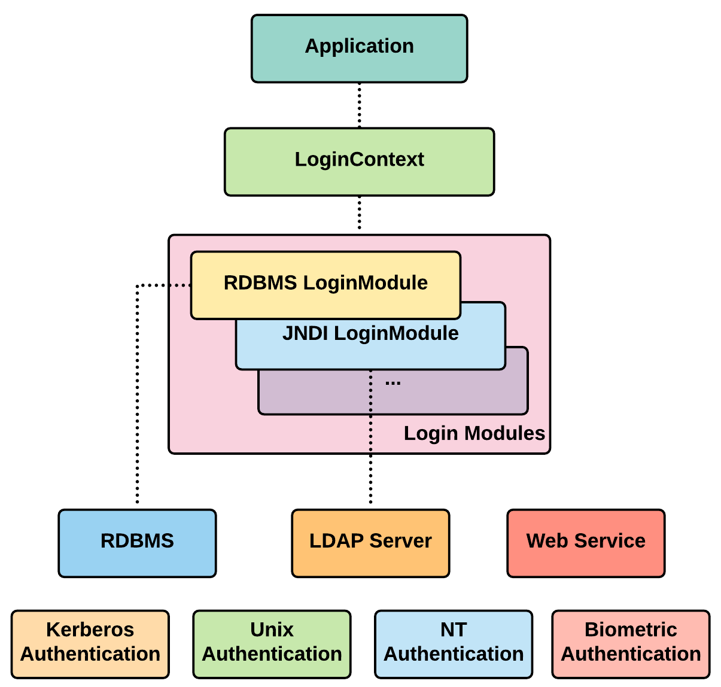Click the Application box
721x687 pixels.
pyautogui.click(x=359, y=48)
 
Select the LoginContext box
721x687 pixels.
pyautogui.click(x=359, y=162)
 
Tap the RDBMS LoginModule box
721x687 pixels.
pyautogui.click(x=325, y=285)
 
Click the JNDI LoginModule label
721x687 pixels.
pyautogui.click(x=370, y=333)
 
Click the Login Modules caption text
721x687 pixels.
pyautogui.click(x=474, y=433)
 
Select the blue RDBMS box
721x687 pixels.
pyautogui.click(x=137, y=543)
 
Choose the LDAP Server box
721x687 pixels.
pyautogui.click(x=370, y=543)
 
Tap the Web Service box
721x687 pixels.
pyautogui.click(x=586, y=543)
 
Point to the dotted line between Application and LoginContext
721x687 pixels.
pyautogui.click(x=359, y=105)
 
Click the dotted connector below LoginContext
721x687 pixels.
pyautogui.click(x=359, y=213)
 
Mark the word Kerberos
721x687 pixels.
pyautogui.click(x=90, y=630)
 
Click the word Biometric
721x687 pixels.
pyautogui.click(x=631, y=630)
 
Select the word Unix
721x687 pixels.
pyautogui.click(x=272, y=630)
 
